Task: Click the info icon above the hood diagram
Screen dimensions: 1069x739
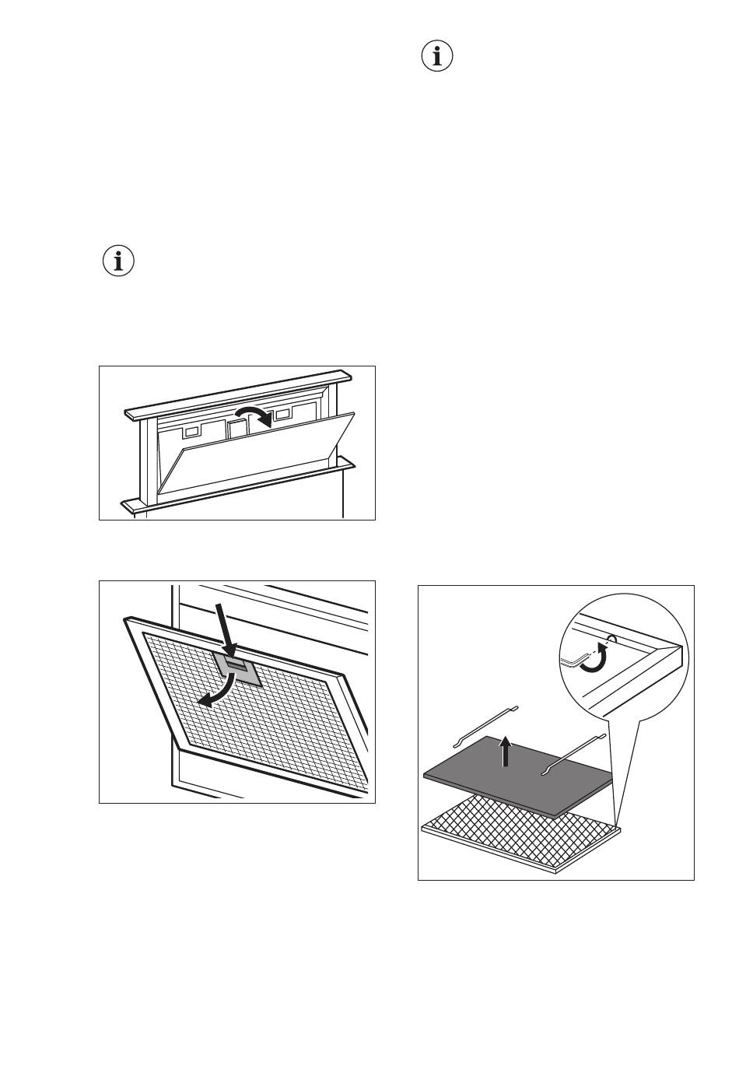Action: (x=118, y=261)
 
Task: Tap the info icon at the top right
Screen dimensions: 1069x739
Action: (x=437, y=57)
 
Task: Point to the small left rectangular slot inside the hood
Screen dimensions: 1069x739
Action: (x=191, y=430)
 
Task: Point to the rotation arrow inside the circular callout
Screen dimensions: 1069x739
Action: (x=596, y=657)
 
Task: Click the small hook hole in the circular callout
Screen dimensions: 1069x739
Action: (x=611, y=639)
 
